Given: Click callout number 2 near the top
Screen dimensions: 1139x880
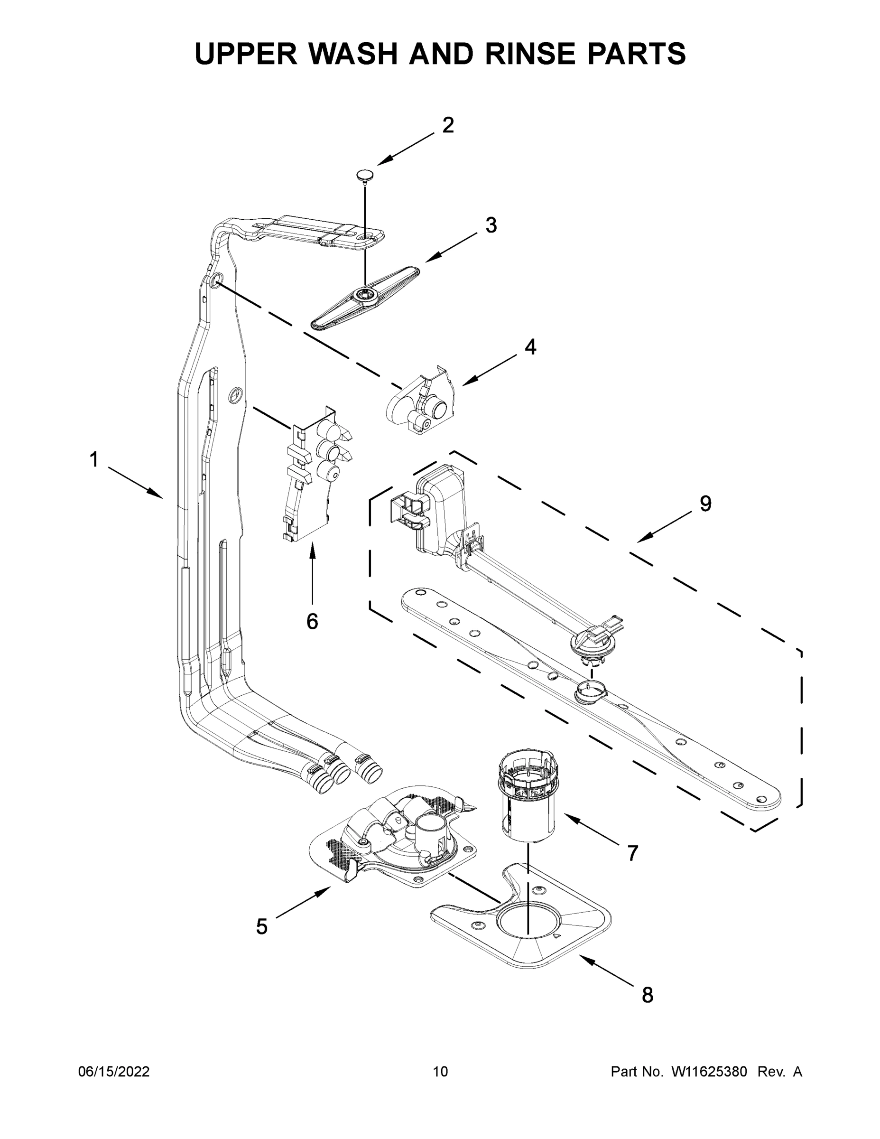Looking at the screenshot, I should click(448, 125).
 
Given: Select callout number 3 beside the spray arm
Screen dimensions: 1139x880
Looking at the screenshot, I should click(491, 225).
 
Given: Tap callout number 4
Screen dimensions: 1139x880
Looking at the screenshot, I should click(530, 347).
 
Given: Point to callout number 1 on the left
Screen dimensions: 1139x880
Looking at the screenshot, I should click(94, 460).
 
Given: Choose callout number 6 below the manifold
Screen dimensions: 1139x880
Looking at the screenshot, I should click(312, 621).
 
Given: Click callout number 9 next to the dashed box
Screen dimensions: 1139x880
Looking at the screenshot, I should click(705, 504).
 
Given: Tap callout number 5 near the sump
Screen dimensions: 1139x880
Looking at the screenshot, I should click(262, 927).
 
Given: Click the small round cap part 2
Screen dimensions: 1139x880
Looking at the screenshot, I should click(365, 175).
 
